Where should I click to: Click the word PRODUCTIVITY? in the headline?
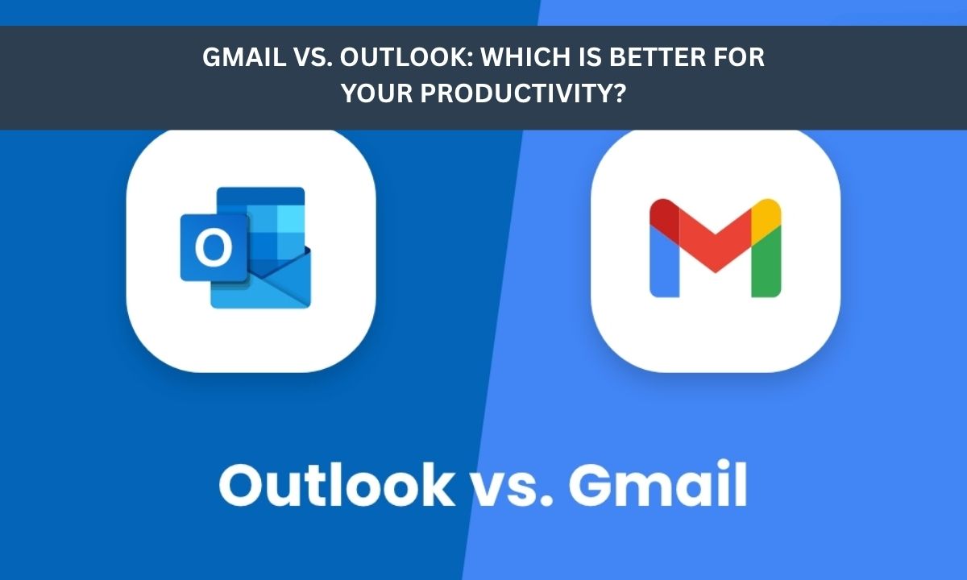pos(530,94)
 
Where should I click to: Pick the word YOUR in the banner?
pos(376,94)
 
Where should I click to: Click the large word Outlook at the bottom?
pos(336,485)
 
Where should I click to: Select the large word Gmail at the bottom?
pos(656,485)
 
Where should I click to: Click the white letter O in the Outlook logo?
pos(214,248)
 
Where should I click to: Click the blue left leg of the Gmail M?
pos(663,258)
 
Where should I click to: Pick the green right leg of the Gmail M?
pos(766,262)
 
